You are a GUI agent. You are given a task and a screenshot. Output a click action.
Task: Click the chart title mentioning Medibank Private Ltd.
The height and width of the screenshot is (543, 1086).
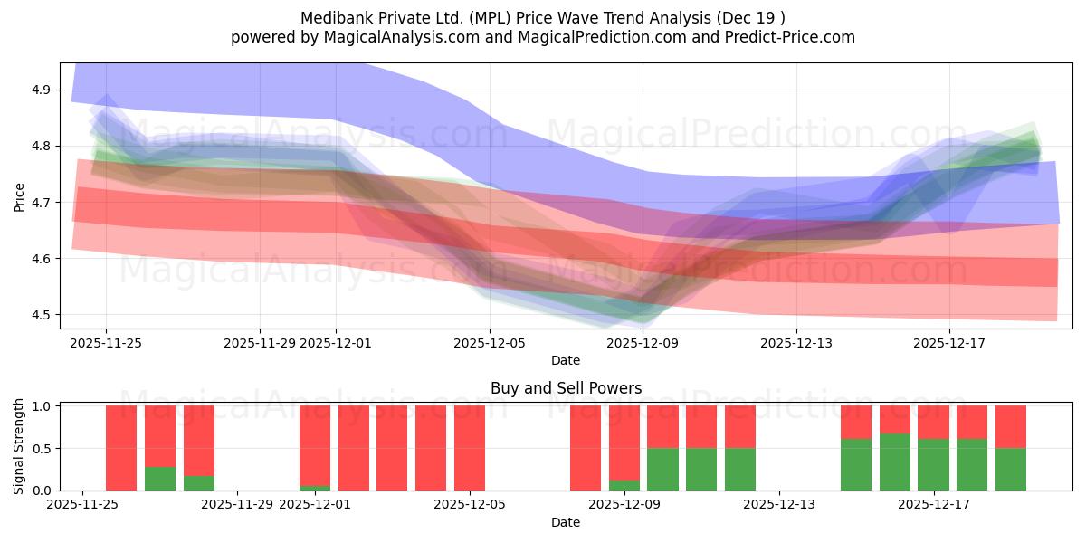(543, 17)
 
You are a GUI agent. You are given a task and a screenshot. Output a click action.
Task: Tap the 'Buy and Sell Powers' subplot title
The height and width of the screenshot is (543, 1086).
(566, 388)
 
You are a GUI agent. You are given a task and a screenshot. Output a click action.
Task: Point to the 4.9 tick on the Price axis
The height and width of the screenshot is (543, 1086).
(42, 90)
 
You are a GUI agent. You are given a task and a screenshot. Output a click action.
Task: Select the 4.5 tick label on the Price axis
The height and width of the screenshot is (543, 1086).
(42, 315)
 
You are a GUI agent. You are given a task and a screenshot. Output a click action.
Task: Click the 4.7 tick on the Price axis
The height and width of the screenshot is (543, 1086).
(42, 202)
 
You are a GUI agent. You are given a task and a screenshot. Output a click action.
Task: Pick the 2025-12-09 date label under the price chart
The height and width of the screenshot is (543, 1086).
(643, 343)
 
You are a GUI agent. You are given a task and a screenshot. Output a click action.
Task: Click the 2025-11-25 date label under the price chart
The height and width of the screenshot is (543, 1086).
(106, 343)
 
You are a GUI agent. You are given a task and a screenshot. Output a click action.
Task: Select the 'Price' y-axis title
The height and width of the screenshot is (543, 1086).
(20, 196)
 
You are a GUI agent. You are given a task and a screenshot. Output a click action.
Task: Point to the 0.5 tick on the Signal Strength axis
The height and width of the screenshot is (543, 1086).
(42, 448)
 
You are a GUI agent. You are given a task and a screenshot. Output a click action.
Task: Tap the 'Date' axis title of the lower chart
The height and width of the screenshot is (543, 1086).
(566, 522)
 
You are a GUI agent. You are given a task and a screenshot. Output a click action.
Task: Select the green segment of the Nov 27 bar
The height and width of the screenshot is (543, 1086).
(160, 479)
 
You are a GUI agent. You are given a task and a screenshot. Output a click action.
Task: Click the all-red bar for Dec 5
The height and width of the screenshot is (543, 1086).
(470, 448)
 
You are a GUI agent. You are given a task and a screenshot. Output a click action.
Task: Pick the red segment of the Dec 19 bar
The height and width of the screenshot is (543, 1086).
(1011, 426)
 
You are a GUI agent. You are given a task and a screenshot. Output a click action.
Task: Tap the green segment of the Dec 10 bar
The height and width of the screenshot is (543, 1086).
(662, 469)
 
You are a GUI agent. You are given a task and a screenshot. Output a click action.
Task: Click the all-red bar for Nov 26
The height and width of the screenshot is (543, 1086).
(121, 448)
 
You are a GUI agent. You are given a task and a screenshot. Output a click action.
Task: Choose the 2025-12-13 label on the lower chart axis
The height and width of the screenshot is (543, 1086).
(778, 505)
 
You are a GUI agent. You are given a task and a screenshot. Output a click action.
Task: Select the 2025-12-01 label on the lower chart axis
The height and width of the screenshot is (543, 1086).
(315, 505)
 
